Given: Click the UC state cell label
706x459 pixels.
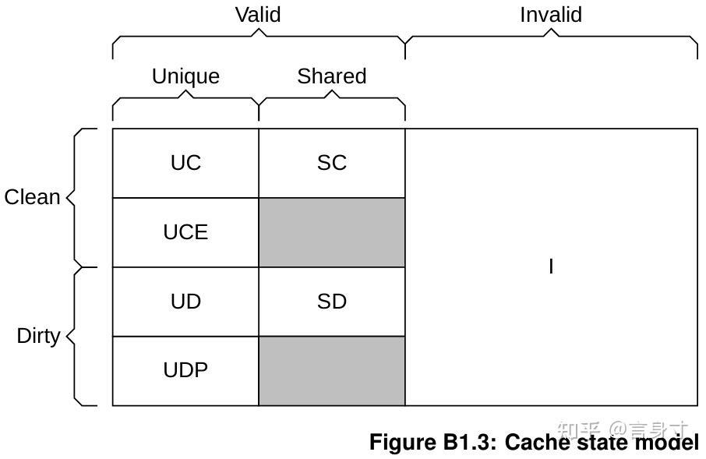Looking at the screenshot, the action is [x=185, y=163].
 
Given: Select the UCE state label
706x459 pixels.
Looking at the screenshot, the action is [x=185, y=232].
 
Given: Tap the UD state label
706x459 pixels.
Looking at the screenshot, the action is [x=185, y=302].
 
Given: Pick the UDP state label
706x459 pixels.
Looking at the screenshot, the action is [x=185, y=370].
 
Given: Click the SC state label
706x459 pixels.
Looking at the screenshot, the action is [x=332, y=163].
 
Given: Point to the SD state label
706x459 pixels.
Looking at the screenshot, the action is [x=332, y=302].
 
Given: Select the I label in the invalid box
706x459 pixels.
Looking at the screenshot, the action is [x=551, y=267].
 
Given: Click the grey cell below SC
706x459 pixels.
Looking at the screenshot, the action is [x=332, y=232].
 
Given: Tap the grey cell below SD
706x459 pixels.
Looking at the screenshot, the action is [x=332, y=371].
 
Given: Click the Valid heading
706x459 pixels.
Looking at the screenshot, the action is [x=258, y=14].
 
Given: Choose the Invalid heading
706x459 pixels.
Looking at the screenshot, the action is [x=551, y=14].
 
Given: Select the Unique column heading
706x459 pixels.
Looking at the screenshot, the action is [x=185, y=76].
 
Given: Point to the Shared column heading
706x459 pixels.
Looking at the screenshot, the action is [x=332, y=76].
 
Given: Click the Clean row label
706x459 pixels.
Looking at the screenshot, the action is [x=32, y=197].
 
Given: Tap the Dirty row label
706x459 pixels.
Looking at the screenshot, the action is [x=38, y=336].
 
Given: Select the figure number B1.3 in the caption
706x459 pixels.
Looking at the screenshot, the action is [x=470, y=442].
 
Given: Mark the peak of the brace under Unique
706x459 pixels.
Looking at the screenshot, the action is [x=185, y=90].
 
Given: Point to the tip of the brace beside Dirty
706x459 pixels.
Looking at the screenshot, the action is [x=67, y=336].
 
